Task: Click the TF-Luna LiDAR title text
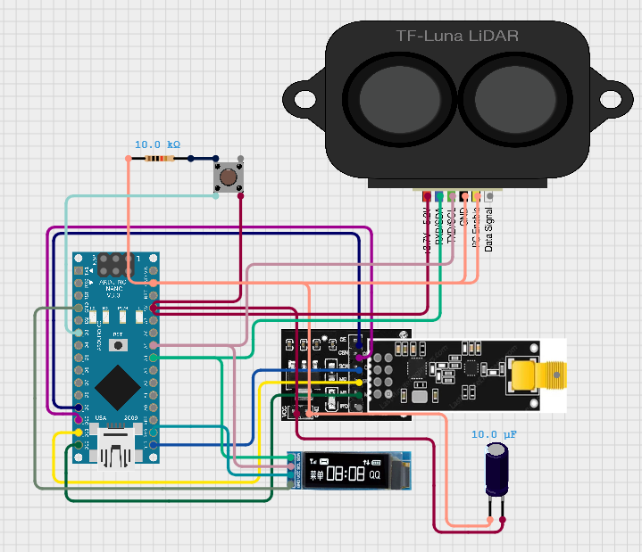click(457, 36)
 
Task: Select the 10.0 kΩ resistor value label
click(157, 144)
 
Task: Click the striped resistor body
click(158, 159)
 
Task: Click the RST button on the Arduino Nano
click(116, 344)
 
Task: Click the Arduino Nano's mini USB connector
click(116, 449)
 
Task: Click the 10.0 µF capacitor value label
click(496, 434)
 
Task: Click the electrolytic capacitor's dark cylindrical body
click(496, 473)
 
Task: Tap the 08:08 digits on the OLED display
click(345, 474)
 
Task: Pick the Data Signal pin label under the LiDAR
click(488, 231)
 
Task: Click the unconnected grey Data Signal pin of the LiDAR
click(488, 195)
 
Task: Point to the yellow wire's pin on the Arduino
click(79, 433)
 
